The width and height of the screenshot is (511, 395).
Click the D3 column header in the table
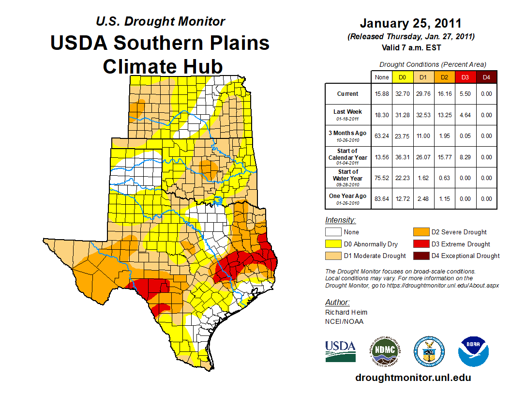(x=465, y=77)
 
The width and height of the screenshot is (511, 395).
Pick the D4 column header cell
(x=486, y=77)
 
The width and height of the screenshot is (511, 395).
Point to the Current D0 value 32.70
(x=402, y=94)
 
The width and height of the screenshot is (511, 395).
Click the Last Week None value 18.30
(x=381, y=115)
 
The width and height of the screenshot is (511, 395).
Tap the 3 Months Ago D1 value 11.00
(x=423, y=136)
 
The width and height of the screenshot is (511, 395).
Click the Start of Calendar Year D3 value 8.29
(x=465, y=157)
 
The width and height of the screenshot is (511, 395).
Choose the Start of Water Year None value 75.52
(x=381, y=178)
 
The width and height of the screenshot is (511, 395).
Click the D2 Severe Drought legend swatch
(x=420, y=232)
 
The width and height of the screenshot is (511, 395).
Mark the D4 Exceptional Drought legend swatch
(x=420, y=256)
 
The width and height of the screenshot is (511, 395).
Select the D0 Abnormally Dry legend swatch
(x=333, y=244)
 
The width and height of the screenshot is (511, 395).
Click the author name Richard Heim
(x=346, y=312)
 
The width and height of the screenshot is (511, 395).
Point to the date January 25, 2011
(x=410, y=23)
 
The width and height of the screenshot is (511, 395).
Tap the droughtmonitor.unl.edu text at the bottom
(x=413, y=378)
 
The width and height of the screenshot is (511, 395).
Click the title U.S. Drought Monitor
(x=160, y=22)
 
